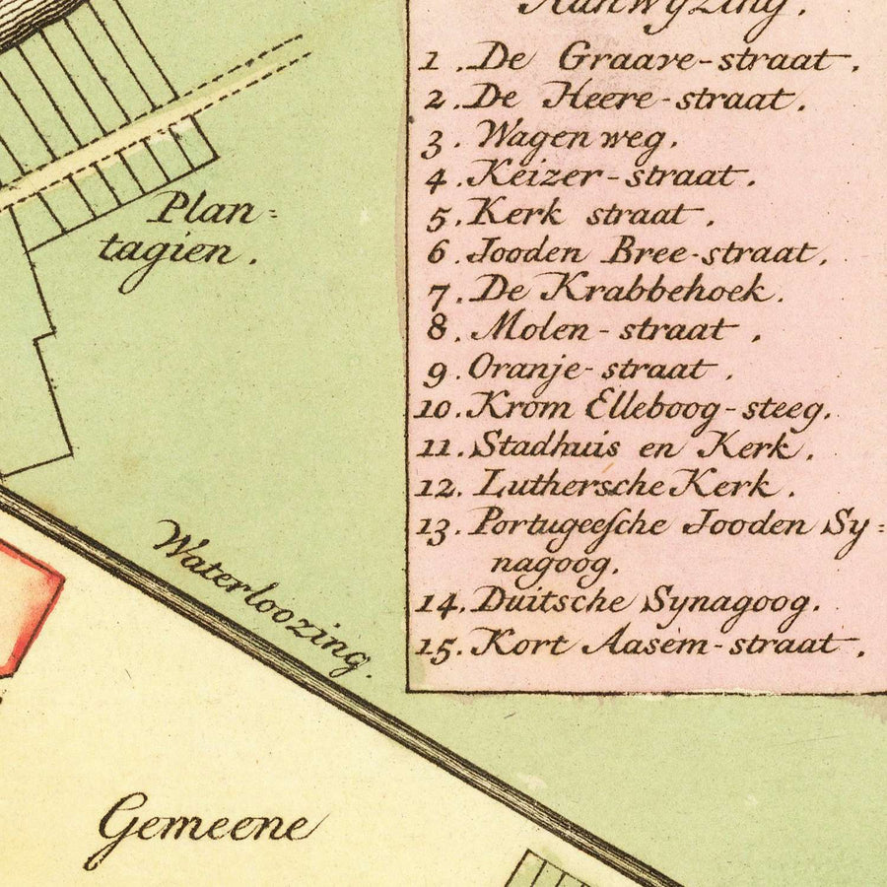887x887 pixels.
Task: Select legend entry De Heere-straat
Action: (x=631, y=99)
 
